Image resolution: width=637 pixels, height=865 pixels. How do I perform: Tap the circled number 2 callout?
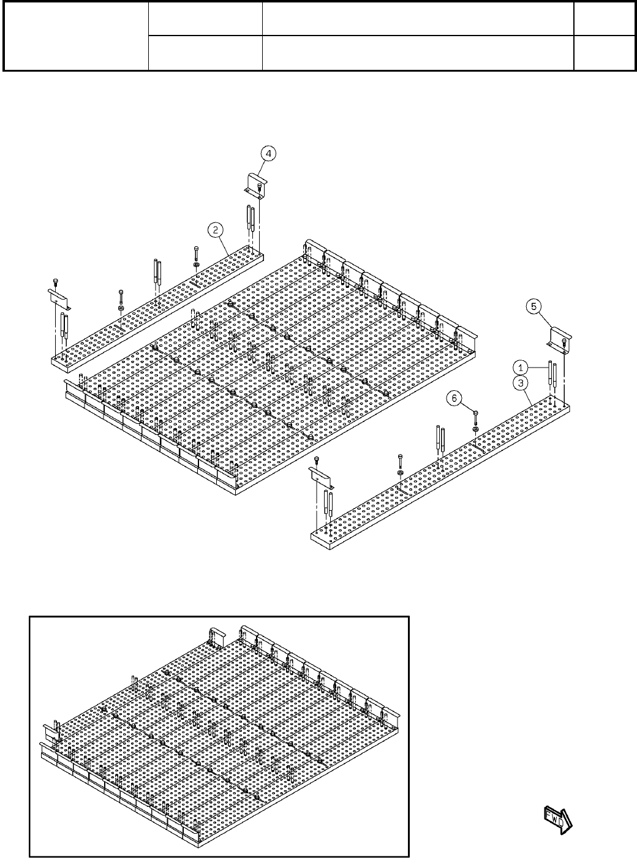pos(215,230)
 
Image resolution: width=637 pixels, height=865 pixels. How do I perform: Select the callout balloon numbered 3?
pos(519,383)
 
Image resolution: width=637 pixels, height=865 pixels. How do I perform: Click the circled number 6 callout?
pos(454,398)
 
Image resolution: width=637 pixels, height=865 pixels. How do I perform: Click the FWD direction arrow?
pos(557,819)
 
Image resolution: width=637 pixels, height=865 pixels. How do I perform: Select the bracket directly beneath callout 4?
pos(254,185)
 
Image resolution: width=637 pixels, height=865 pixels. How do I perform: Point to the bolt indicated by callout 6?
pos(475,419)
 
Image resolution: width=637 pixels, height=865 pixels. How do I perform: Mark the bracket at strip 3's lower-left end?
pos(318,476)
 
